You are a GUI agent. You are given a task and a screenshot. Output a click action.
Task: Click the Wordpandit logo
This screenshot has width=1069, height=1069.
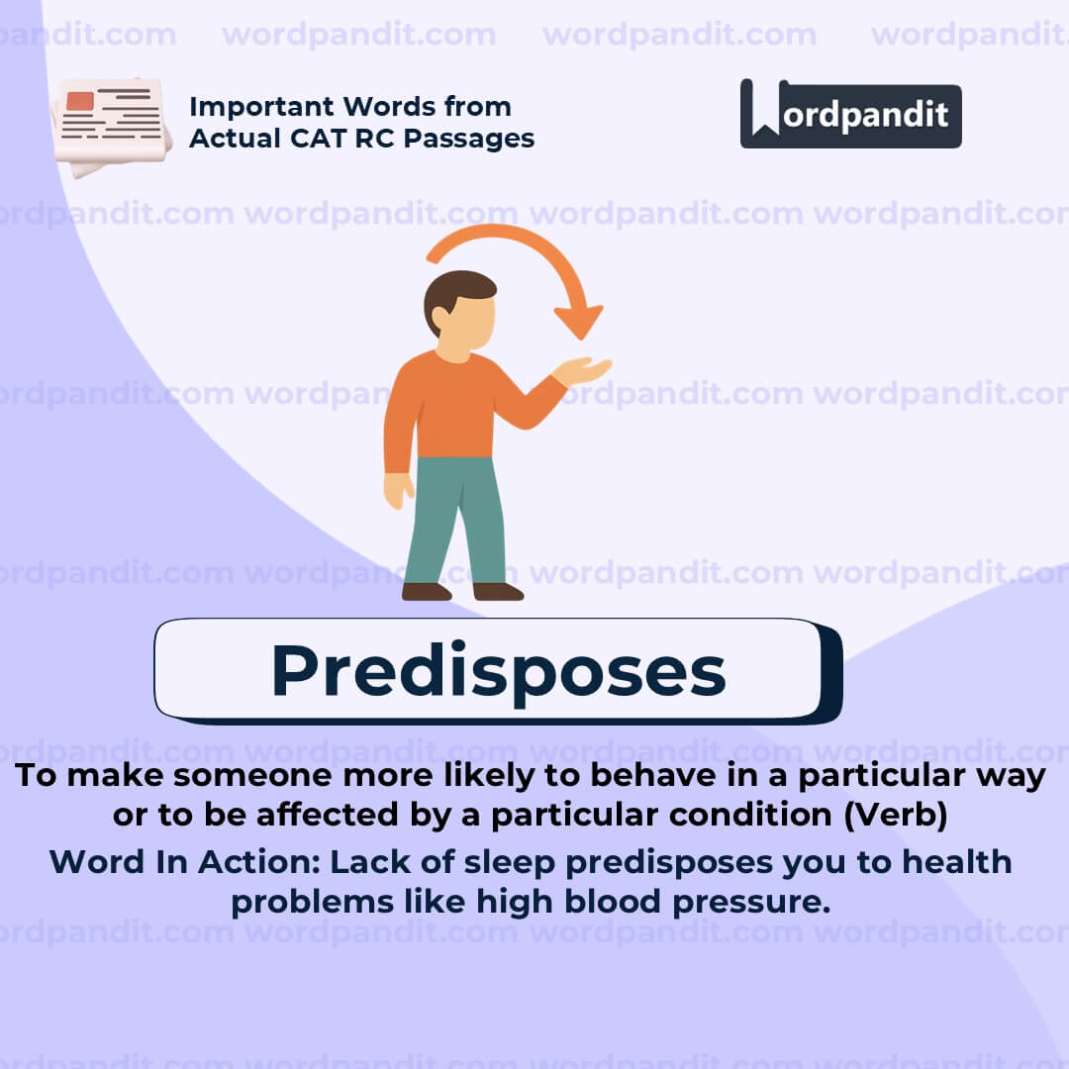coord(850,114)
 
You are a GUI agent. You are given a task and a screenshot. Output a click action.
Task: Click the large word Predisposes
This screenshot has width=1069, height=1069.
coord(498,670)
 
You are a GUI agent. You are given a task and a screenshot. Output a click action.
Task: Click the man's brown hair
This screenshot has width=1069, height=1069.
coord(456,291)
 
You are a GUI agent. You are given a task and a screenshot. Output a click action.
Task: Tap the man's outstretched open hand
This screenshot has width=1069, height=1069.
coord(583,372)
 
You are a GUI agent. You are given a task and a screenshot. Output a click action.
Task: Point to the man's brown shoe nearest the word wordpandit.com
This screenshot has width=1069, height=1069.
coord(498,591)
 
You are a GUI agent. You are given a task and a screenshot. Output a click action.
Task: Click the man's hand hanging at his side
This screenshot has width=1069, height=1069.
coord(398,490)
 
